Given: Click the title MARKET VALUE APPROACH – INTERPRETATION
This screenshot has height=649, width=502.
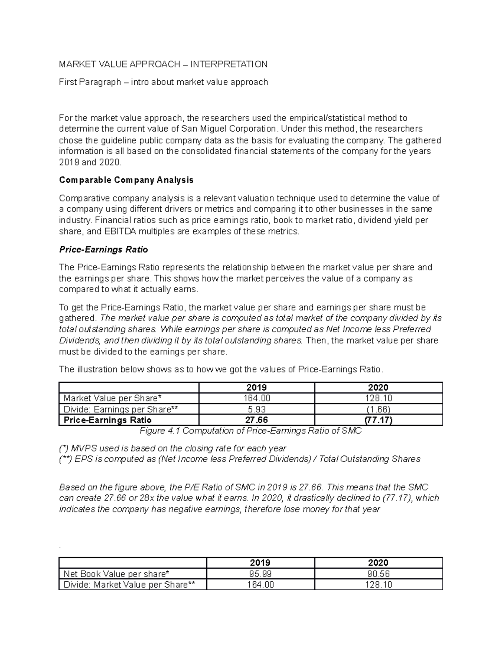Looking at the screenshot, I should coord(163,64).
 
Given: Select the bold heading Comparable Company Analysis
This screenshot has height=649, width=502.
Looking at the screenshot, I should coord(126,180).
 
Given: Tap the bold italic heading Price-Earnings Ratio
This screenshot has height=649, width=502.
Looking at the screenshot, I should coord(103,249).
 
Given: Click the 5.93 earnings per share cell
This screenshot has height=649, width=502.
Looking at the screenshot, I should coord(256,409).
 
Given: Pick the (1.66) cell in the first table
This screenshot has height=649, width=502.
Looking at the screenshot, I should coord(378,409).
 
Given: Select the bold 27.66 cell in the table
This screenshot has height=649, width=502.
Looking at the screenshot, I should coord(256,420).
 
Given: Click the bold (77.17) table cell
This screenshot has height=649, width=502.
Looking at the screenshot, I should coord(378,420).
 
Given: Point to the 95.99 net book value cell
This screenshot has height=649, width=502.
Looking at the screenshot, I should coord(260,574).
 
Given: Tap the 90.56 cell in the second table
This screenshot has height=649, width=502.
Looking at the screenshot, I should coord(378,574).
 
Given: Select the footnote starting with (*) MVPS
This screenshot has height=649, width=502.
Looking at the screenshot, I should coord(172,448).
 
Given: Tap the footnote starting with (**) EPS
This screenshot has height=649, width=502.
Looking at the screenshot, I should coord(239,459).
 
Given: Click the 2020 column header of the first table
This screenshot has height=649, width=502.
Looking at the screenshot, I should coord(378,387).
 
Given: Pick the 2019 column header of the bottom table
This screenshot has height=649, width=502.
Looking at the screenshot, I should coord(260,563).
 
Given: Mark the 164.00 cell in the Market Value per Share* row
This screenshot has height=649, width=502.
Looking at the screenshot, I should coord(256,398).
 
